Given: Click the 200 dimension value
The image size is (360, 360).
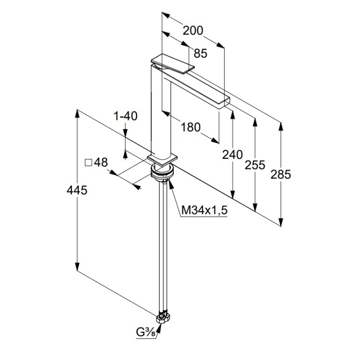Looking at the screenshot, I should (x=193, y=31).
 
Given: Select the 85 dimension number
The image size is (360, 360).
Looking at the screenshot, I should (x=201, y=53).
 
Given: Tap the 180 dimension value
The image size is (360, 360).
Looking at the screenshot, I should (x=190, y=127).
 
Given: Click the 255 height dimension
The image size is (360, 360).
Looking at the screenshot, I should (x=255, y=165).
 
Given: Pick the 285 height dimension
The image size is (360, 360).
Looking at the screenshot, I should (x=281, y=174).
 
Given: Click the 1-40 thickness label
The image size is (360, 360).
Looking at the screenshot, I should (x=125, y=116).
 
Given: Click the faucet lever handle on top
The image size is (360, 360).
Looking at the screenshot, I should (x=172, y=64).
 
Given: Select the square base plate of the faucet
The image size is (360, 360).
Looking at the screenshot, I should (x=162, y=158).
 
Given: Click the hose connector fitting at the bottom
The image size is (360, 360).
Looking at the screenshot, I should (x=162, y=317).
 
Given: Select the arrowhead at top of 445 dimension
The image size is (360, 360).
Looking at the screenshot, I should (x=77, y=113).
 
